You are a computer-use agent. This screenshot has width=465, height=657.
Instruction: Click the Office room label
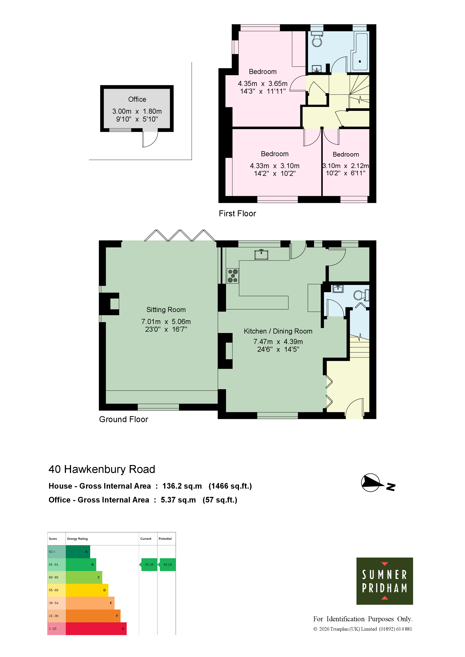(137, 99)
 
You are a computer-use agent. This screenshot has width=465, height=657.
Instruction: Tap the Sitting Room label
(166, 310)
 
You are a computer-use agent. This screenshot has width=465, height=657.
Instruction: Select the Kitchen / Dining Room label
(278, 331)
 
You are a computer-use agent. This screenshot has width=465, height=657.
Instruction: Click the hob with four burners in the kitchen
(233, 276)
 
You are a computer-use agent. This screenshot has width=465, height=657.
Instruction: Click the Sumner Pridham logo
(385, 581)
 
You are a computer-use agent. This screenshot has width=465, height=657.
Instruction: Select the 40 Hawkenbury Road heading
(102, 469)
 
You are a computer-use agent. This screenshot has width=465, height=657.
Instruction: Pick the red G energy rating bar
(96, 629)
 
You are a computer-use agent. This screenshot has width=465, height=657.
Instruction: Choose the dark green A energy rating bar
(78, 552)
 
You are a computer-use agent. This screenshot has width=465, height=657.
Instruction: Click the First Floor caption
(237, 214)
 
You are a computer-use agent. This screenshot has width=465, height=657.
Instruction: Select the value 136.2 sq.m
(182, 486)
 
